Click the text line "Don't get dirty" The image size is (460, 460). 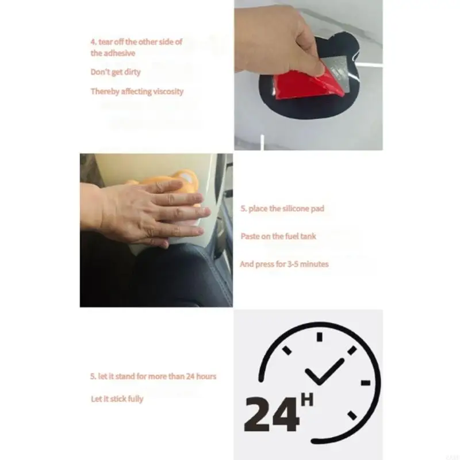click(x=115, y=72)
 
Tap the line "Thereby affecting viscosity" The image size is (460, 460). click(x=137, y=91)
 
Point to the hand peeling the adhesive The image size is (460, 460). click(x=276, y=40)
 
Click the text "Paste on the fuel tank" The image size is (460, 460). click(x=278, y=236)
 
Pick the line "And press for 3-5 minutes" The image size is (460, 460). click(x=284, y=264)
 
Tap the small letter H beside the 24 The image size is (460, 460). click(x=307, y=398)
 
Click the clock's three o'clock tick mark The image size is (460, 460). click(x=365, y=382)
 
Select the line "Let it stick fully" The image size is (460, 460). click(x=117, y=398)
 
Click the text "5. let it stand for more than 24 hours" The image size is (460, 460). click(x=153, y=376)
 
